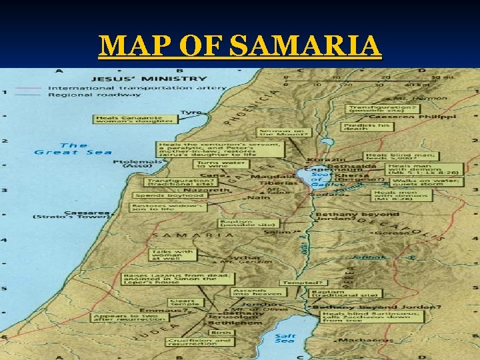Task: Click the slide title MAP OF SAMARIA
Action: click(x=240, y=46)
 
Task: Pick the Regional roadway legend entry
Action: click(x=76, y=95)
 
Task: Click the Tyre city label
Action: click(x=191, y=113)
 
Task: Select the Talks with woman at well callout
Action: click(x=173, y=255)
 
